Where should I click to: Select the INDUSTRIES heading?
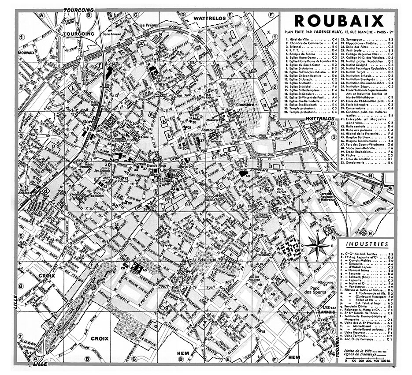point(367,244)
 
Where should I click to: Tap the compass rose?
point(317,245)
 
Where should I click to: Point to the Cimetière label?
point(246,105)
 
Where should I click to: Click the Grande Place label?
point(156,166)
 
